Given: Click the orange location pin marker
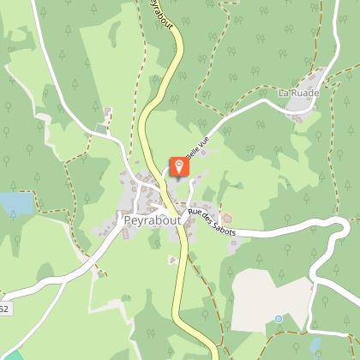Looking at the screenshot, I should coord(180,166).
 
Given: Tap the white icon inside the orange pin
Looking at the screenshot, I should coord(180,164).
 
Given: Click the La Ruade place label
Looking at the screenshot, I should coord(295,92).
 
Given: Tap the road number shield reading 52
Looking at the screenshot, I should coord(3,309).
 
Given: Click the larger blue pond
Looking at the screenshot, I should coord(15,203).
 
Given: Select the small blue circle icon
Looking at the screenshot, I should coord(278,319).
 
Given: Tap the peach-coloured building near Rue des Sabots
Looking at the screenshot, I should coord(226,215).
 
